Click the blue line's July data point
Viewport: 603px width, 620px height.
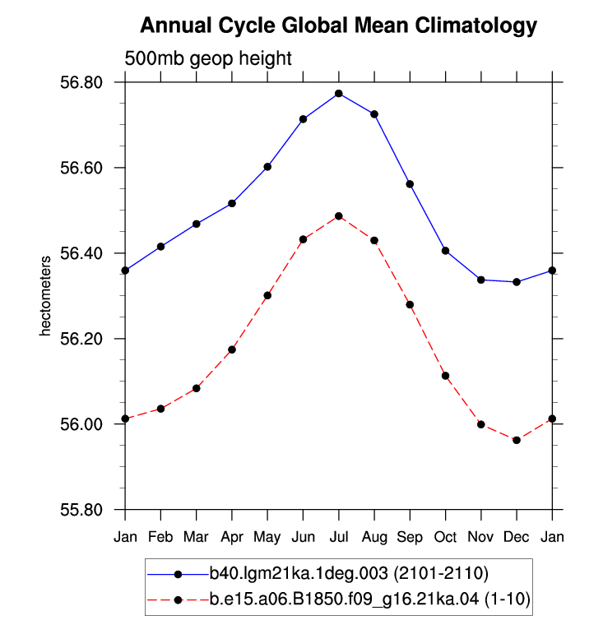(x=339, y=94)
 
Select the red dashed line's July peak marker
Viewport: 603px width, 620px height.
(x=339, y=216)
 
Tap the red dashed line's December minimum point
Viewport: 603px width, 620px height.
(x=517, y=440)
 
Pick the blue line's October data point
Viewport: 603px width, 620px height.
(x=446, y=251)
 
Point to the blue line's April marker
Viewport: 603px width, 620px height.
(x=232, y=204)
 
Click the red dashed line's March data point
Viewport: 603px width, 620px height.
(x=197, y=389)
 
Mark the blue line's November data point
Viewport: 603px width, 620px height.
(x=481, y=280)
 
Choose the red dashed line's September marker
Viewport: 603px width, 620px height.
(x=410, y=305)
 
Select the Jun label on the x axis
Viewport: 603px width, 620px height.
(x=303, y=537)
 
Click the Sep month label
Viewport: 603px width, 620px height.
(x=410, y=537)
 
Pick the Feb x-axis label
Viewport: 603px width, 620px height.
(x=160, y=537)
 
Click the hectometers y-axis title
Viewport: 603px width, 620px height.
(x=45, y=296)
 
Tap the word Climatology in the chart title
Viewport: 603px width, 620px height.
(x=476, y=25)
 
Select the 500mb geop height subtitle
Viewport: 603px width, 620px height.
(x=208, y=58)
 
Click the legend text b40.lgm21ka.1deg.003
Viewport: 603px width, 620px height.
(x=299, y=573)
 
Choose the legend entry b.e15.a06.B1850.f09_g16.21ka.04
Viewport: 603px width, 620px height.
(x=344, y=599)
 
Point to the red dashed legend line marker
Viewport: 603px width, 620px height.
(x=178, y=600)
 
